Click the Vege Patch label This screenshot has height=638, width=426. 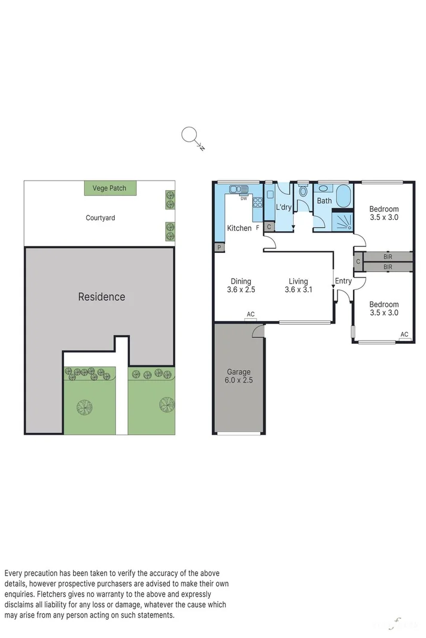[x=109, y=188]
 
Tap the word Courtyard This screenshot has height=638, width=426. [x=100, y=218]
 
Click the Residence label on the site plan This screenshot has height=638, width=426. [x=102, y=297]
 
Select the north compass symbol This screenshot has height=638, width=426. [x=190, y=136]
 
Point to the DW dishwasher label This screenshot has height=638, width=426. [x=244, y=199]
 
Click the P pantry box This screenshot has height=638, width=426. [x=219, y=248]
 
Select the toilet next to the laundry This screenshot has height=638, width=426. [x=303, y=193]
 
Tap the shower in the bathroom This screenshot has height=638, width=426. [x=343, y=222]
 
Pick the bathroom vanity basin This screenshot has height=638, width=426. [x=323, y=188]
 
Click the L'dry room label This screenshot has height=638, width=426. [x=283, y=207]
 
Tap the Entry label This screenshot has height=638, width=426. [x=343, y=281]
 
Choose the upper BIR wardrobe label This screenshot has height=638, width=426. [x=387, y=256]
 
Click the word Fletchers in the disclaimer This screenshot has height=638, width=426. [x=54, y=594]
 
